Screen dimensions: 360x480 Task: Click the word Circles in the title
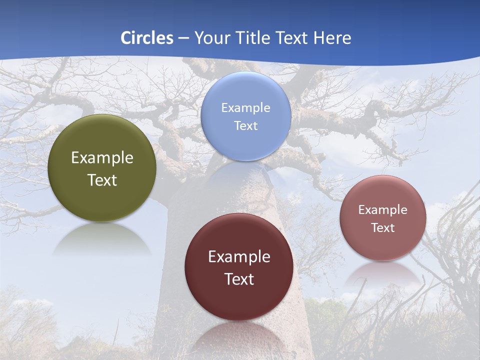tap(147, 38)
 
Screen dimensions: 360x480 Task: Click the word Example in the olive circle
tap(102, 158)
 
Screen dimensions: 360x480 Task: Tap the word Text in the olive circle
tap(102, 180)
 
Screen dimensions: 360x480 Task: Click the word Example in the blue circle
tap(246, 108)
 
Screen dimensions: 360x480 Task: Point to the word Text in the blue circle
tap(246, 125)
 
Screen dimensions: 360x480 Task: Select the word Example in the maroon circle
tap(239, 257)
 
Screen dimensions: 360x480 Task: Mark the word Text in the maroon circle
tap(239, 279)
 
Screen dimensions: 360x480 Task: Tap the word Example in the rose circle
tap(383, 210)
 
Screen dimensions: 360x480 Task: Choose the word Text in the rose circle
tap(383, 228)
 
